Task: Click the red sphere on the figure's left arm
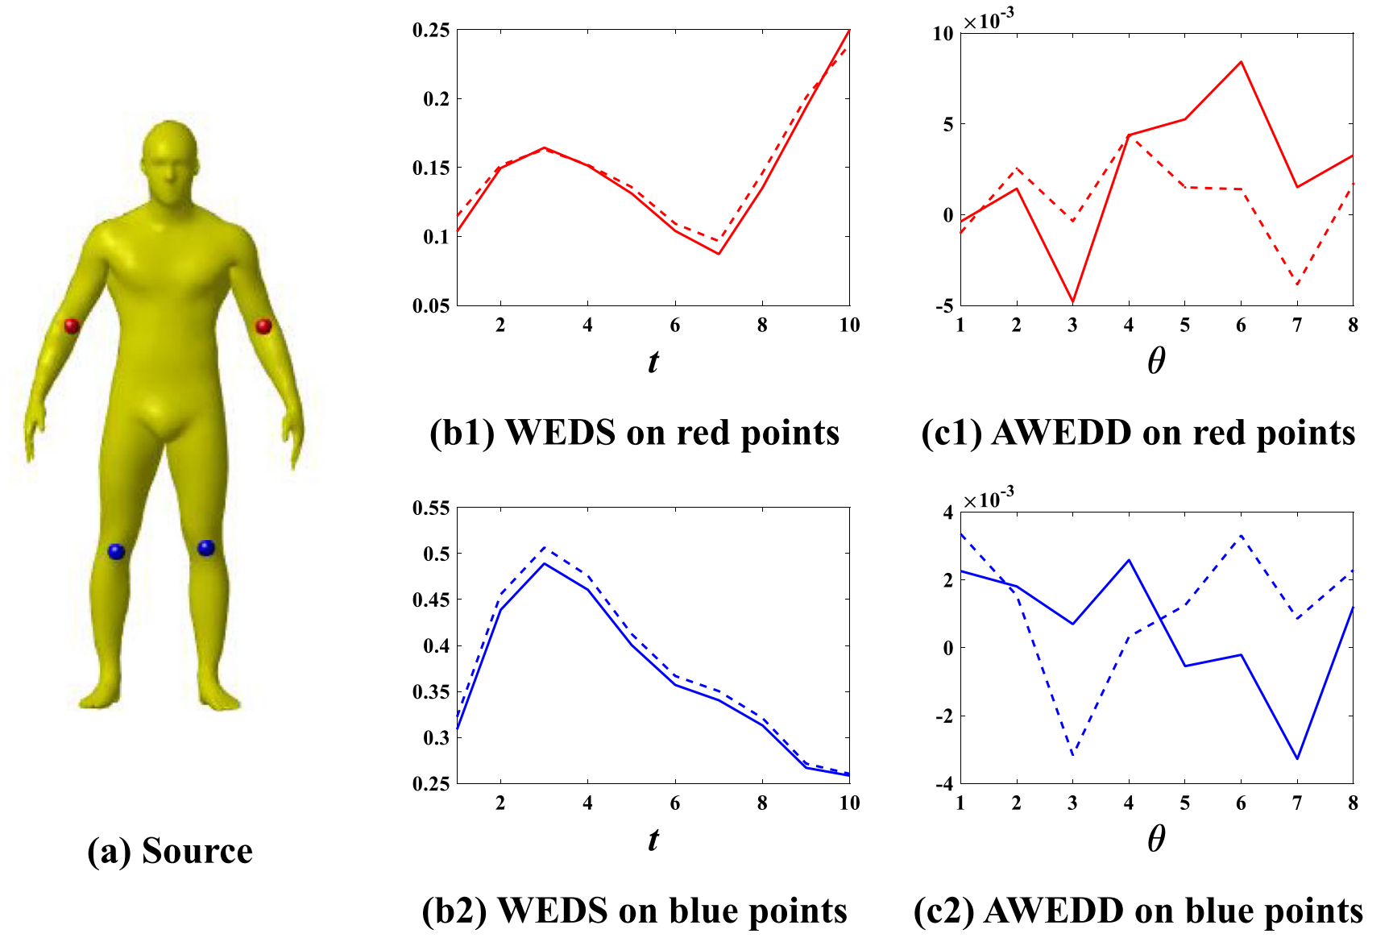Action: pyautogui.click(x=263, y=326)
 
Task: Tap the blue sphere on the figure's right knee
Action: pyautogui.click(x=116, y=551)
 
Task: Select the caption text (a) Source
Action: pyautogui.click(x=170, y=851)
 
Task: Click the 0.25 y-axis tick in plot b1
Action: pyautogui.click(x=431, y=30)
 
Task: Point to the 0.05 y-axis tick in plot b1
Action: pyautogui.click(x=431, y=305)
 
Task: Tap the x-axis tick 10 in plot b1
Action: pyautogui.click(x=849, y=325)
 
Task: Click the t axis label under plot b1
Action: pyautogui.click(x=653, y=361)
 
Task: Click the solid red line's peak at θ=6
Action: pyautogui.click(x=1241, y=62)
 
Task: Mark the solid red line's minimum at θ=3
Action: pyautogui.click(x=1072, y=301)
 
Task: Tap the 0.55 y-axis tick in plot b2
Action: pyautogui.click(x=431, y=508)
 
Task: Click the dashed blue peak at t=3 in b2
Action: pyautogui.click(x=545, y=548)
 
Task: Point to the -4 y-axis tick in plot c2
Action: pyautogui.click(x=943, y=784)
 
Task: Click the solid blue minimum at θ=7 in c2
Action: pyautogui.click(x=1297, y=758)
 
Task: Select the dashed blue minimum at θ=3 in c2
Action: pyautogui.click(x=1072, y=755)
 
